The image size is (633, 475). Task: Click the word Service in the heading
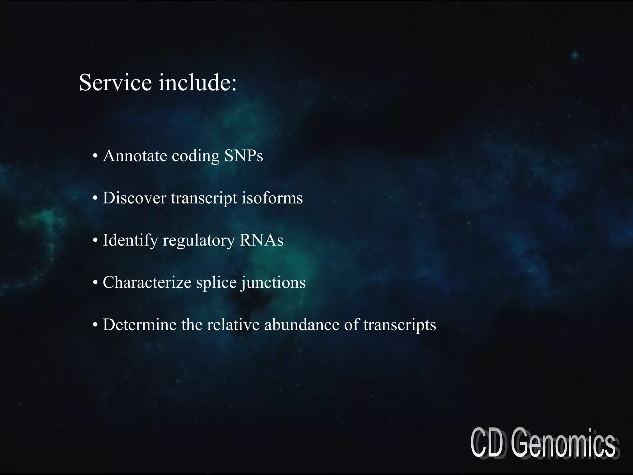[115, 83]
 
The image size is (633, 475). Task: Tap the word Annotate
[135, 156]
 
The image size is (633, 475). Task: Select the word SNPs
[244, 156]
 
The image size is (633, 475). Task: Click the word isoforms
[272, 198]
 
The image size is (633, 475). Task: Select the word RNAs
[261, 240]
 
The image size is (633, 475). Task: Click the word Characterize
[147, 282]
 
